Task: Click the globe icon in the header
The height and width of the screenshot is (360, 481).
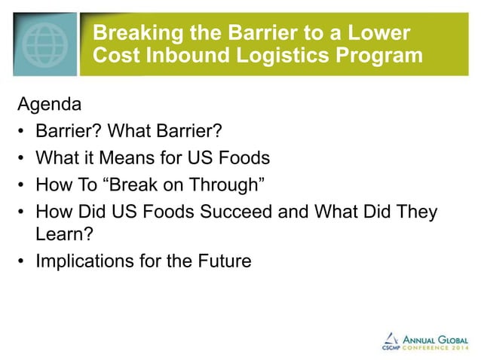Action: tap(43, 43)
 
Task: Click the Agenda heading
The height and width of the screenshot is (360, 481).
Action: tap(48, 105)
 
